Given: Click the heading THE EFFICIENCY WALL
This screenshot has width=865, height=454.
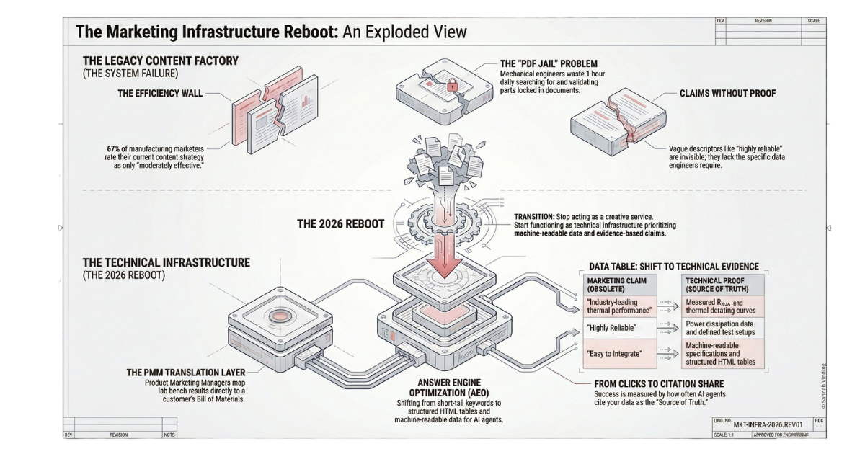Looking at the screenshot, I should (160, 93).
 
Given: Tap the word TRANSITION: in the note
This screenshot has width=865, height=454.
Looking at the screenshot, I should (533, 216).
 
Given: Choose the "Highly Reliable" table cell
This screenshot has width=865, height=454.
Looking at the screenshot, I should (611, 327).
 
